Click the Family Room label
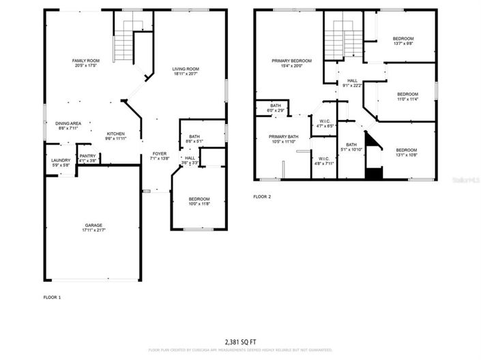pos(86,61)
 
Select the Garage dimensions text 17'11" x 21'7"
pos(94,230)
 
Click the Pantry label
pos(87,156)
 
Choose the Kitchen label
pos(115,134)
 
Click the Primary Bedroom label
pos(291,61)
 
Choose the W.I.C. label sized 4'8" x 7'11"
pos(323,161)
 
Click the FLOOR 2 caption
pos(262,196)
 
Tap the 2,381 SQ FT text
pos(241,342)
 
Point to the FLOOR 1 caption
pos(53,297)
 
